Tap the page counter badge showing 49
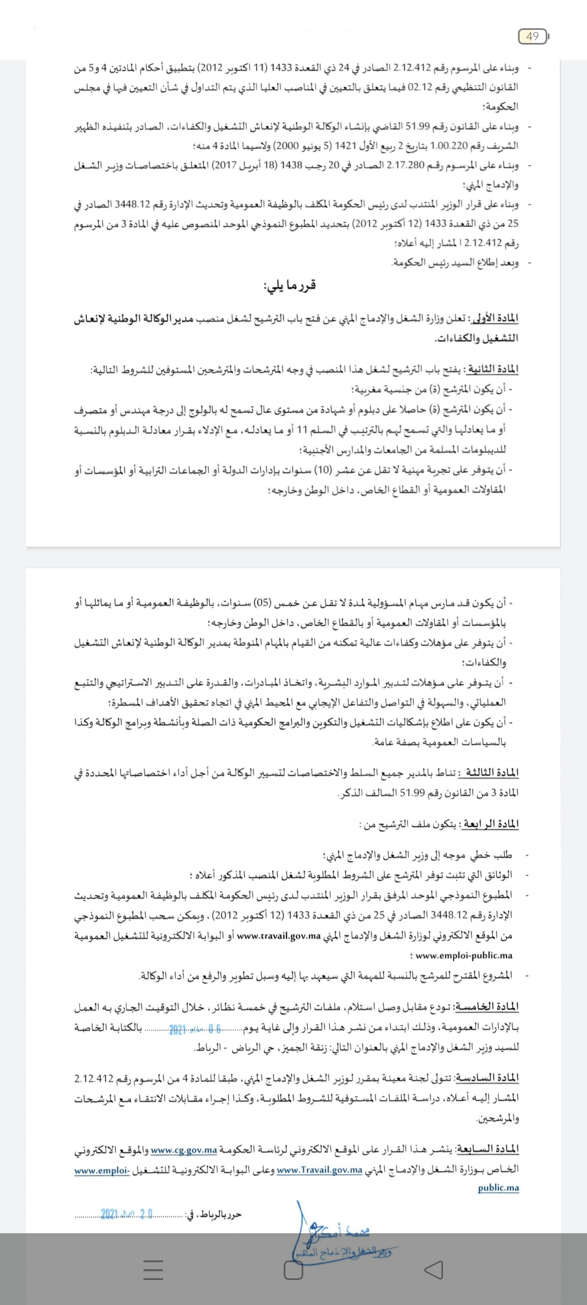point(533,36)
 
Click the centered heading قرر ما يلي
point(290,285)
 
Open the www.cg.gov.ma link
point(184,1150)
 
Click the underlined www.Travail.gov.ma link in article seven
point(320,1170)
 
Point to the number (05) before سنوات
point(264,602)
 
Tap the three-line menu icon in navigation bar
point(153,1270)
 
